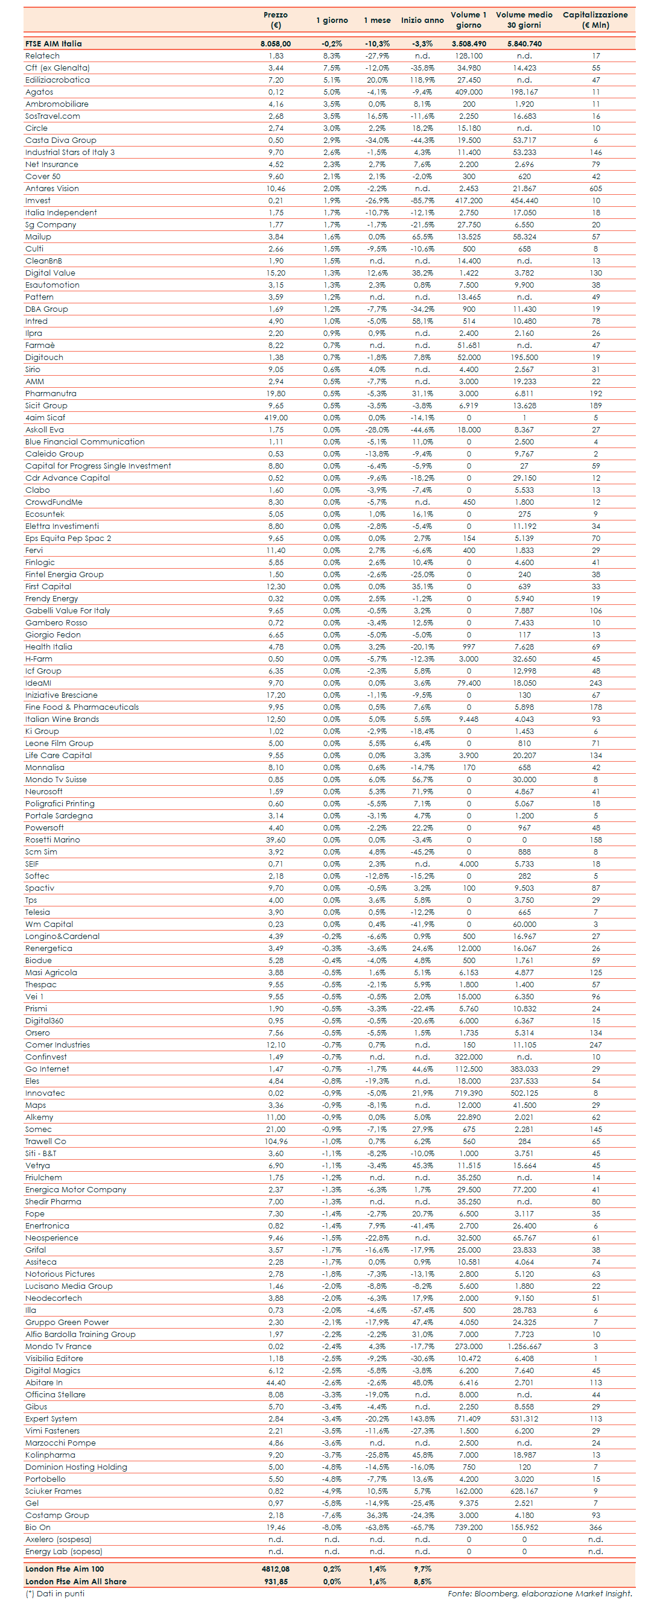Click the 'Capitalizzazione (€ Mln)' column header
pyautogui.click(x=595, y=20)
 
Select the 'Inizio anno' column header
pyautogui.click(x=422, y=21)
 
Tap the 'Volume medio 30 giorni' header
pyautogui.click(x=524, y=20)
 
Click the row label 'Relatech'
pyautogui.click(x=42, y=56)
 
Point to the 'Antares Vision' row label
pyautogui.click(x=52, y=188)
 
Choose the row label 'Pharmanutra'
pyautogui.click(x=51, y=393)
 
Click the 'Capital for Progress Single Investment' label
pyautogui.click(x=98, y=466)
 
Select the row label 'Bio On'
pyautogui.click(x=38, y=1528)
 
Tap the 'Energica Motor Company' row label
pyautogui.click(x=76, y=1189)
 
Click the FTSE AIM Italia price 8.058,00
pyautogui.click(x=275, y=44)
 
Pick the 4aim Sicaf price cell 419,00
pyautogui.click(x=276, y=417)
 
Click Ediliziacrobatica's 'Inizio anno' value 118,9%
pyautogui.click(x=422, y=80)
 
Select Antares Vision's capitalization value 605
pyautogui.click(x=595, y=188)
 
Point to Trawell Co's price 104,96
pyautogui.click(x=276, y=1141)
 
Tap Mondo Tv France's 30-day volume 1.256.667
pyautogui.click(x=524, y=1346)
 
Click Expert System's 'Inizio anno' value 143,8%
pyautogui.click(x=422, y=1418)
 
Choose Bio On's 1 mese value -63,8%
pyautogui.click(x=376, y=1528)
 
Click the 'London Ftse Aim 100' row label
pyautogui.click(x=65, y=1569)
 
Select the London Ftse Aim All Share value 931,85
pyautogui.click(x=275, y=1581)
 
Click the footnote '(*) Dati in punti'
pyautogui.click(x=55, y=1593)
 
